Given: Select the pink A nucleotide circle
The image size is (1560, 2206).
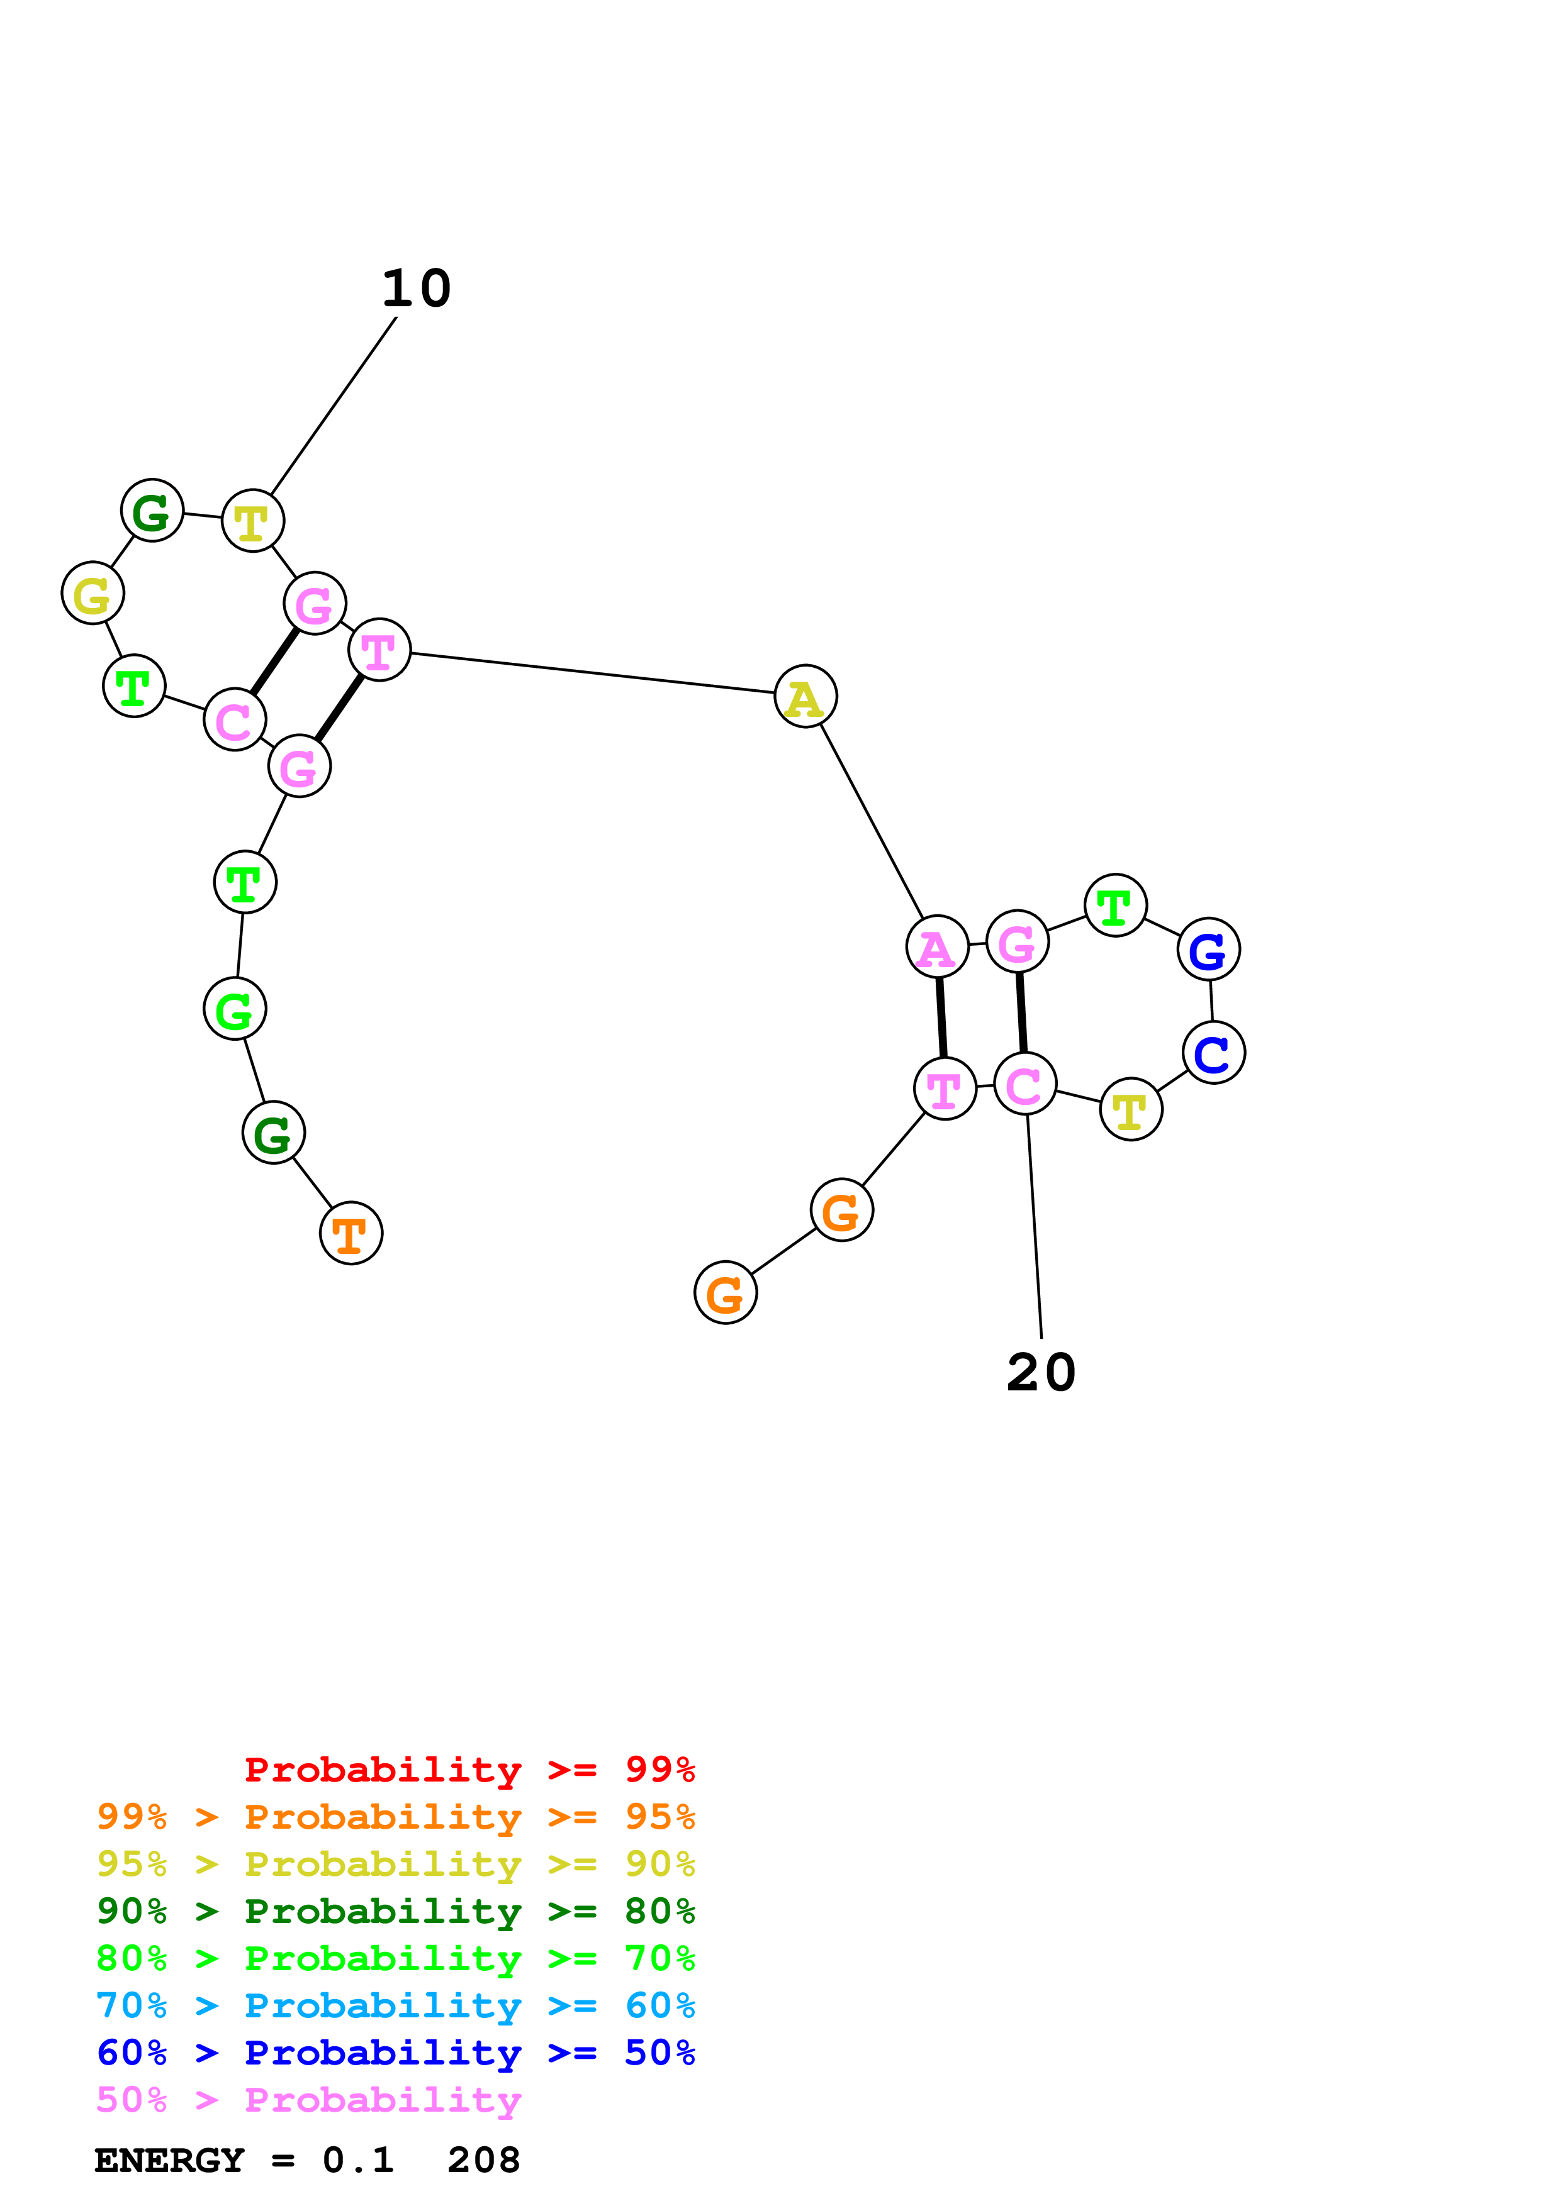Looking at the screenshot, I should pyautogui.click(x=937, y=947).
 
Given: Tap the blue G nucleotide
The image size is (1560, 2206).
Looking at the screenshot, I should pyautogui.click(x=1208, y=950).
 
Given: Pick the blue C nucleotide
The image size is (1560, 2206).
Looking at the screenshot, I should pyautogui.click(x=1214, y=1053).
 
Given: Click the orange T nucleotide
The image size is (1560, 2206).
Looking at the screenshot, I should pyautogui.click(x=351, y=1234).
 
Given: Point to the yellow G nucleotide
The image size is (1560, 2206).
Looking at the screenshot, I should pyautogui.click(x=93, y=594).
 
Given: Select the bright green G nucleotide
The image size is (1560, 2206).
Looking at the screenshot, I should pyautogui.click(x=235, y=1009).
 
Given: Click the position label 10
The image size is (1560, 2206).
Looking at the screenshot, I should pyautogui.click(x=416, y=288).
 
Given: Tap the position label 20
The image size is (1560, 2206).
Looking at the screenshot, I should pyautogui.click(x=1041, y=1372).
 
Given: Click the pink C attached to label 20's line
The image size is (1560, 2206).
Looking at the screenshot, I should pyautogui.click(x=1024, y=1085).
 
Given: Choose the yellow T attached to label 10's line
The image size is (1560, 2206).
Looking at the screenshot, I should pyautogui.click(x=253, y=522).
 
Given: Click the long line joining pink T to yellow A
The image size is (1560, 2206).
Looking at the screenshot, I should pyautogui.click(x=592, y=673).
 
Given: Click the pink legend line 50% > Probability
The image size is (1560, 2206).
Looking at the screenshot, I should pyautogui.click(x=308, y=2100).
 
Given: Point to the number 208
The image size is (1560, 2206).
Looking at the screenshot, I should pyautogui.click(x=483, y=2161).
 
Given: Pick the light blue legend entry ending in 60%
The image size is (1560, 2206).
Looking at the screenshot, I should pyautogui.click(x=395, y=2006).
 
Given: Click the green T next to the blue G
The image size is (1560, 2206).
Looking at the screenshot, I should pyautogui.click(x=1115, y=905).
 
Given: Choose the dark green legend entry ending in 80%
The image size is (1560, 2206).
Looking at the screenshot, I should pyautogui.click(x=395, y=1911).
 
